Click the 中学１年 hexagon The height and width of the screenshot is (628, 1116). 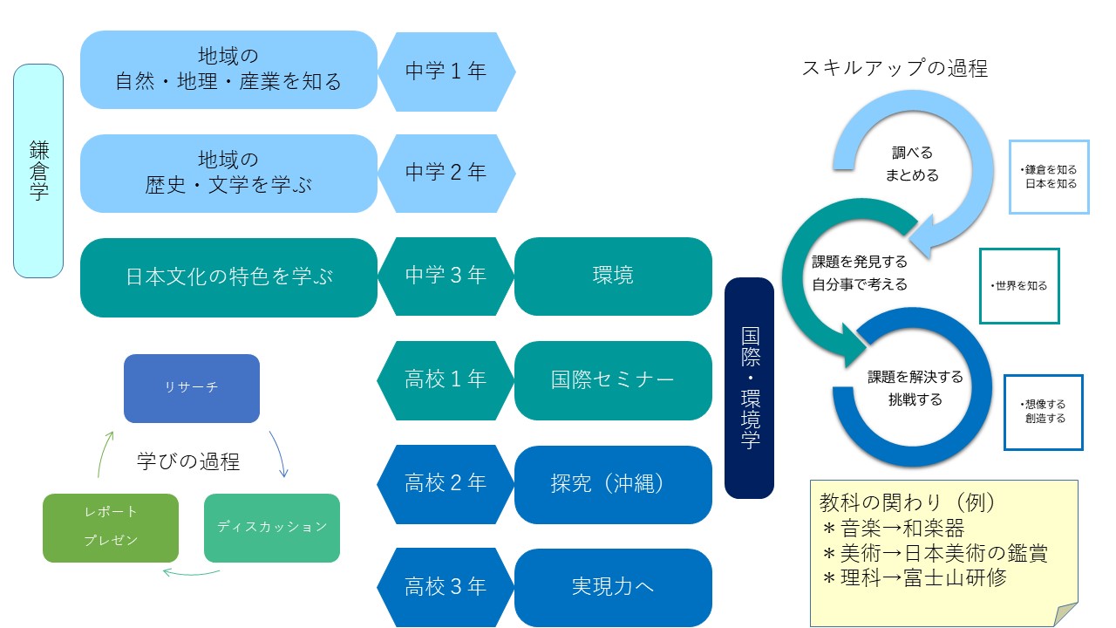[x=446, y=72]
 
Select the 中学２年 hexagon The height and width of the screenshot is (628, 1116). [x=446, y=173]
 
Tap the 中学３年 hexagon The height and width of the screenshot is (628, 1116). [x=446, y=276]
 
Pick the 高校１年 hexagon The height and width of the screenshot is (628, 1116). [x=446, y=380]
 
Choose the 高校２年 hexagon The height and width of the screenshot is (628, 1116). [x=446, y=484]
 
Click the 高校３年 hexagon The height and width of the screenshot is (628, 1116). [x=446, y=587]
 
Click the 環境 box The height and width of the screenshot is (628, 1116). [x=613, y=276]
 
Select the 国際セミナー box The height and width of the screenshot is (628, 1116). [x=613, y=380]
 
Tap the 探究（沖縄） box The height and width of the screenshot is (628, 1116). [x=613, y=484]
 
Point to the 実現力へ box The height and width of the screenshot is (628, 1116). [x=613, y=588]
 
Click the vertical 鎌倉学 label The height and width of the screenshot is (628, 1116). [x=38, y=170]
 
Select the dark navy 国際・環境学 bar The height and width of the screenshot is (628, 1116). [x=749, y=388]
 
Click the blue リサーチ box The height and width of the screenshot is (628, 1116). [x=192, y=388]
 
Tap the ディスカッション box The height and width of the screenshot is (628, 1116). [x=272, y=528]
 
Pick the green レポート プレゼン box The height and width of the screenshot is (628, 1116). [x=111, y=528]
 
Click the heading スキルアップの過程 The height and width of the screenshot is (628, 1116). [x=895, y=68]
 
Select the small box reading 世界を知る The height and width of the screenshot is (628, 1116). [x=1019, y=286]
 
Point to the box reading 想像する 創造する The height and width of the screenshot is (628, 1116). [x=1044, y=413]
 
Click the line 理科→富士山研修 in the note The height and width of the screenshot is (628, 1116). [x=915, y=578]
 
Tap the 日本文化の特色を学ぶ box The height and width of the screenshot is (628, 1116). [x=228, y=277]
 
